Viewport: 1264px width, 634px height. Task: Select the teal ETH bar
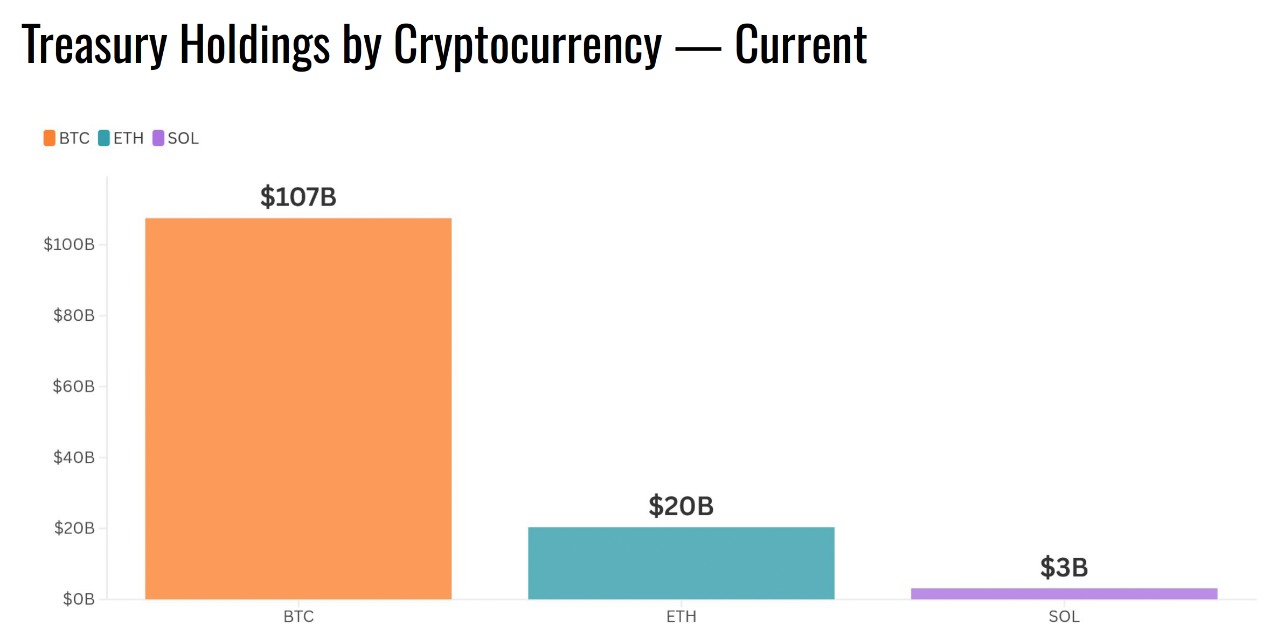pyautogui.click(x=681, y=562)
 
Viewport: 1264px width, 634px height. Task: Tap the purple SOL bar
pyautogui.click(x=1064, y=594)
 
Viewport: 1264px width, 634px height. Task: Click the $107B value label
pyautogui.click(x=298, y=197)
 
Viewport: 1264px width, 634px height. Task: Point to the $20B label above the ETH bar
pyautogui.click(x=681, y=506)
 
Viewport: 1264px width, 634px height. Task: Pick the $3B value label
pyautogui.click(x=1064, y=568)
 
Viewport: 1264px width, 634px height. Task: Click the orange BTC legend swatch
pyautogui.click(x=50, y=138)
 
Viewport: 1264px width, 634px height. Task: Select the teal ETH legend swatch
pyautogui.click(x=104, y=138)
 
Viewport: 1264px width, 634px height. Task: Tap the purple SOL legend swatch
pyautogui.click(x=158, y=138)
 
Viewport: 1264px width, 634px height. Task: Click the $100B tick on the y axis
pyautogui.click(x=69, y=245)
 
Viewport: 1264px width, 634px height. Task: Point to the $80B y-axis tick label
pyautogui.click(x=74, y=315)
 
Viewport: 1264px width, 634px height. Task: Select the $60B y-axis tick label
pyautogui.click(x=74, y=386)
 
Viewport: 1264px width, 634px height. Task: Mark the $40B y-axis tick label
pyautogui.click(x=74, y=457)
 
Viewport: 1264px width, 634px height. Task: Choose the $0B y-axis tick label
pyautogui.click(x=79, y=599)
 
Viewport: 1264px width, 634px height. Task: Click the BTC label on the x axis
pyautogui.click(x=298, y=617)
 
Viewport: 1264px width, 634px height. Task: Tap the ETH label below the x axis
pyautogui.click(x=681, y=617)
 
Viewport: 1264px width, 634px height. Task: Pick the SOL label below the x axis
pyautogui.click(x=1064, y=617)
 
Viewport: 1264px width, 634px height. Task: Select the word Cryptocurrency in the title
pyautogui.click(x=527, y=46)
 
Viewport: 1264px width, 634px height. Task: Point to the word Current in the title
pyautogui.click(x=801, y=46)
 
